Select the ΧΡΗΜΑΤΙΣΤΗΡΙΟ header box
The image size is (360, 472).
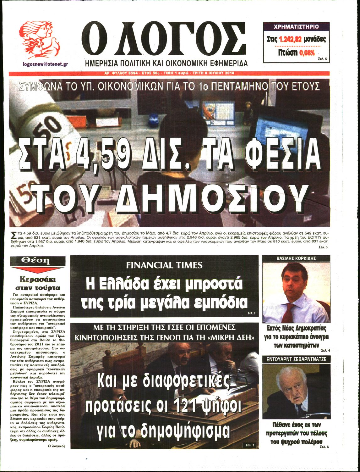296,27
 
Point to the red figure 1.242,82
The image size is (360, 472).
290,40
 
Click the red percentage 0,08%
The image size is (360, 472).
307,53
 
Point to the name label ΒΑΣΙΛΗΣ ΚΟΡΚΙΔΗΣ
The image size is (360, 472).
296,258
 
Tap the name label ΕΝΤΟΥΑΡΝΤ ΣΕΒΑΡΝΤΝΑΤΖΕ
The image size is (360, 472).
296,359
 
